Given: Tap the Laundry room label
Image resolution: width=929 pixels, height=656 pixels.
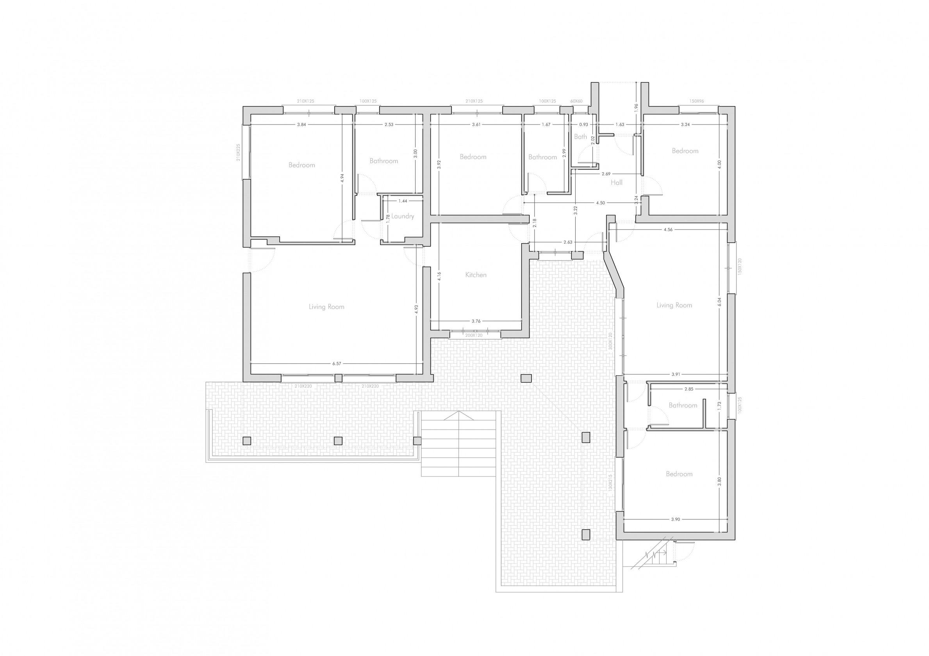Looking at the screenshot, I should (x=403, y=216).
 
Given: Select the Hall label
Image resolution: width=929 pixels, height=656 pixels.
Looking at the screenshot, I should (x=616, y=183).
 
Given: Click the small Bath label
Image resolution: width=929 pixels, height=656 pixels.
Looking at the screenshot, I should (x=580, y=137).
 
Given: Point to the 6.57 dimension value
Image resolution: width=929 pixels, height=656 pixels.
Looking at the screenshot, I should (x=337, y=364).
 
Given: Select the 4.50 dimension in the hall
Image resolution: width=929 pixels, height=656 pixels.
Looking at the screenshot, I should (x=601, y=203).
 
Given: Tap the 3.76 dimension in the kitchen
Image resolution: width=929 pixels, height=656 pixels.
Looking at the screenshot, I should (x=476, y=321).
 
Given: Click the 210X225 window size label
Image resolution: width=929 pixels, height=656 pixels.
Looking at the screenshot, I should (x=239, y=152).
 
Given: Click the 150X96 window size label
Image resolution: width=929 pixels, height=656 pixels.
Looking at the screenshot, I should (x=696, y=101).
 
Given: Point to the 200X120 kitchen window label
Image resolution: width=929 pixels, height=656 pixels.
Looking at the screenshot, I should (x=474, y=335).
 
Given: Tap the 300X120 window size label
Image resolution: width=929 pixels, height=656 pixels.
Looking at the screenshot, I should (x=611, y=341).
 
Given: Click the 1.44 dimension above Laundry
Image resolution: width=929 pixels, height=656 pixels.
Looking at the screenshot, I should (x=403, y=201).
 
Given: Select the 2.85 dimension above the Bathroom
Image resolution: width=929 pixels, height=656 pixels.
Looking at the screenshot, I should (x=689, y=389).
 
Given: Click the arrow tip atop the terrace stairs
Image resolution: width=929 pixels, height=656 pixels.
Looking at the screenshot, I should (x=458, y=412).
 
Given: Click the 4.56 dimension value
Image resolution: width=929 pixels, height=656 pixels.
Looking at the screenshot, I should (x=668, y=230).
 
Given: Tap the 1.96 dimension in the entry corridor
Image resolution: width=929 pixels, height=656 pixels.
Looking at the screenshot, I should (x=637, y=107).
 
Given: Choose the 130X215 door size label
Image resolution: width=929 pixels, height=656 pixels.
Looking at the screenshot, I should (x=611, y=482).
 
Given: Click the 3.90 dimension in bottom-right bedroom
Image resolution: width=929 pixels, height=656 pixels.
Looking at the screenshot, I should (x=675, y=519).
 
